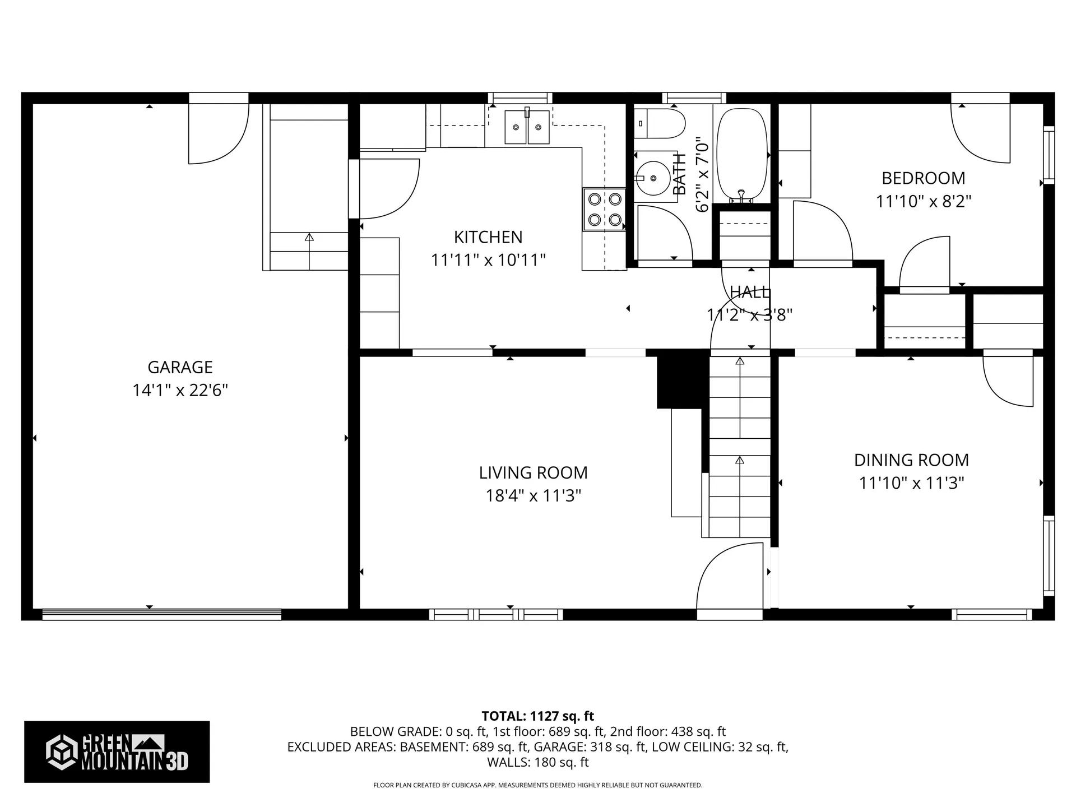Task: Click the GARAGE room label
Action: tap(180, 367)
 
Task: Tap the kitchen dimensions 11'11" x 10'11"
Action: tap(488, 260)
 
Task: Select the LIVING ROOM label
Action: tap(533, 472)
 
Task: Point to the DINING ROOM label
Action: tap(911, 460)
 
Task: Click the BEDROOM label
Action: tap(923, 178)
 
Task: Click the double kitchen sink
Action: tap(527, 127)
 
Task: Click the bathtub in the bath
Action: tap(743, 154)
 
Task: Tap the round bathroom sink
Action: tap(654, 178)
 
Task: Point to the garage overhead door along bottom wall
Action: tap(161, 614)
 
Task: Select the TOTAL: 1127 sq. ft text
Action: tap(537, 716)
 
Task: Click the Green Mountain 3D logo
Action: tap(117, 752)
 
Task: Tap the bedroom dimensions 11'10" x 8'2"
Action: tap(923, 201)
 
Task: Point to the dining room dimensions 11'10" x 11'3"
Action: tap(911, 483)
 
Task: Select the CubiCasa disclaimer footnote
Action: tap(537, 785)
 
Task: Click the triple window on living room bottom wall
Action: tap(496, 614)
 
